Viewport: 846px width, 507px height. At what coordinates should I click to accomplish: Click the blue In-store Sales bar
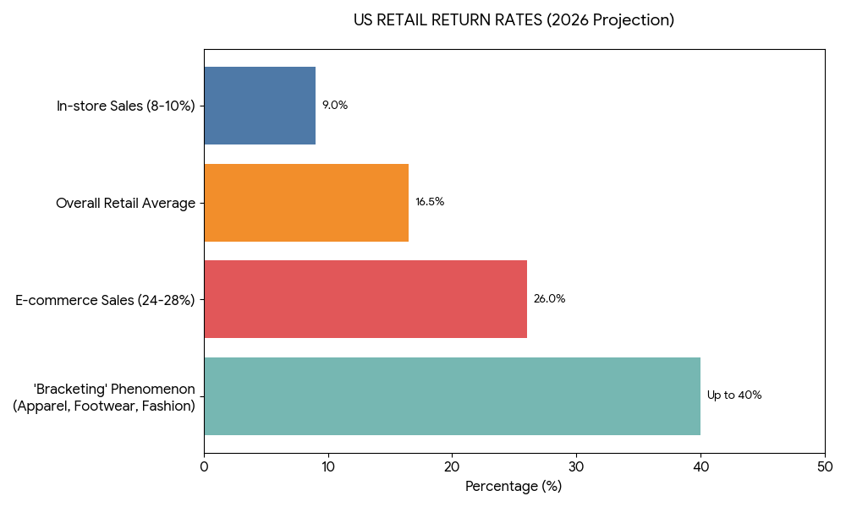pos(260,106)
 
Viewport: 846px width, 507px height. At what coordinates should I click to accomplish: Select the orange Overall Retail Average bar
pos(306,203)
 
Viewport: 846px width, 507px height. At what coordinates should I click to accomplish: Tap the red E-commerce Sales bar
pos(365,299)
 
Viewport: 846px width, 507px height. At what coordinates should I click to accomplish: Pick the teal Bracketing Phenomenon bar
pos(452,395)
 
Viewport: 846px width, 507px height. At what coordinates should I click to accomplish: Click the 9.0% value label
pos(335,106)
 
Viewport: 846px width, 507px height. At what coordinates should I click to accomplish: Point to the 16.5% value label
pos(430,202)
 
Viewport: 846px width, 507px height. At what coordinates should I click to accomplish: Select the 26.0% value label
pos(549,299)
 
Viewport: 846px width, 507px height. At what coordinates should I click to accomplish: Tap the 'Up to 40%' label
pos(734,395)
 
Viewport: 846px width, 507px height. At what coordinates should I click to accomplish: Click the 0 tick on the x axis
pos(204,467)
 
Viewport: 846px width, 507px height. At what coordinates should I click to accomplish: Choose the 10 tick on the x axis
pos(328,467)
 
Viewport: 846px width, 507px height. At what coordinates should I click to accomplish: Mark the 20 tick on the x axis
pos(452,467)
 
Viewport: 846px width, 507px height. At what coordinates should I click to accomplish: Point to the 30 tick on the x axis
pos(576,467)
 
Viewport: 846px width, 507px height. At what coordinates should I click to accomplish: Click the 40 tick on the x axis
pos(700,467)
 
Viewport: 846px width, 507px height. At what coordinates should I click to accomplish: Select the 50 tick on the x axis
pos(825,467)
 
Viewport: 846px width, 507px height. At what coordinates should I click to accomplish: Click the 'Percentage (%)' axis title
pos(514,487)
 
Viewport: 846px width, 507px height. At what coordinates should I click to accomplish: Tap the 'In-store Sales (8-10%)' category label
pos(126,106)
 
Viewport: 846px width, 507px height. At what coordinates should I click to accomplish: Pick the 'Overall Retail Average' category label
pos(126,203)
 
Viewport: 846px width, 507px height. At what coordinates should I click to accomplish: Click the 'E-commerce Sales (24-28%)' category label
pos(106,300)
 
